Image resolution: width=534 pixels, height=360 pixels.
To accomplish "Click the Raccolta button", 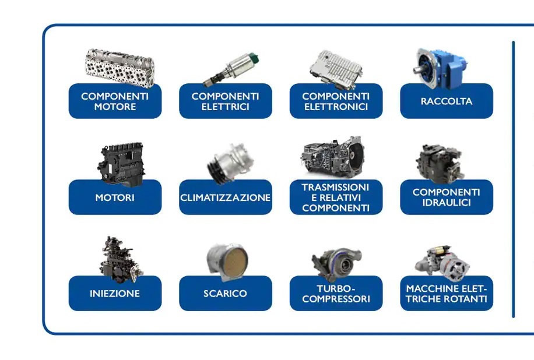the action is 447,101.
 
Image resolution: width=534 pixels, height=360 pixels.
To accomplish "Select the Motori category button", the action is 115,197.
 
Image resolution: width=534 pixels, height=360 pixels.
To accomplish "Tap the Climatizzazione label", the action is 226,197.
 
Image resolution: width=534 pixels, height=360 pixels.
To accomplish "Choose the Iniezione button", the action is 115,294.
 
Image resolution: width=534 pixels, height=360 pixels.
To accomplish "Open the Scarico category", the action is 226,294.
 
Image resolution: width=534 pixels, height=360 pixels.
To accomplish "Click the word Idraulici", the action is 447,203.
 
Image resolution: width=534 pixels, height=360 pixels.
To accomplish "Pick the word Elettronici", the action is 336,107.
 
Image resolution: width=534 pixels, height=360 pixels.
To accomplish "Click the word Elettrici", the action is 226,107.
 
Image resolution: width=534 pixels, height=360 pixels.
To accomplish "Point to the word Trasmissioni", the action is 335,187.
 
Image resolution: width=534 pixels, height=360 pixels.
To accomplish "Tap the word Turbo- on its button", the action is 336,289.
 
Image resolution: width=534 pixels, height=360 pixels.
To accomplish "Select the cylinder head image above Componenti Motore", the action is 120,68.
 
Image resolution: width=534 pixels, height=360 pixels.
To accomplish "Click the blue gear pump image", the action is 440,68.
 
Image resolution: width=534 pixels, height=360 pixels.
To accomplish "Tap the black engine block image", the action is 122,164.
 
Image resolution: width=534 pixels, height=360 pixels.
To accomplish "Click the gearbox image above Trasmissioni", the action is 332,157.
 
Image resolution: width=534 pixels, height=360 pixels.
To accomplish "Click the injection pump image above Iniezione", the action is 120,259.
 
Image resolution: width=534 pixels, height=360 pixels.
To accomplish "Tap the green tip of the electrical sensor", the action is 254,57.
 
